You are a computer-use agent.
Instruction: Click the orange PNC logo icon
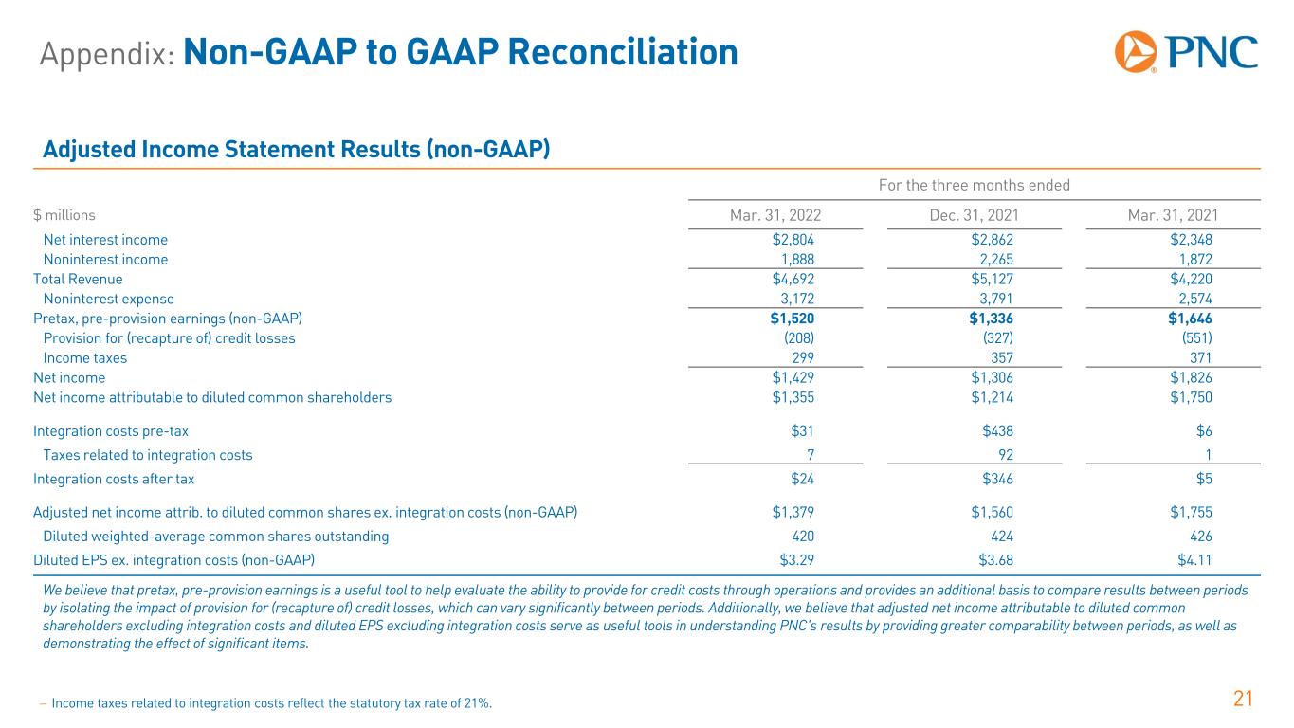tap(1135, 52)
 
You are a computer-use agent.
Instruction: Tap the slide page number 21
tap(1243, 700)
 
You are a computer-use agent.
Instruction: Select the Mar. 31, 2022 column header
tap(775, 215)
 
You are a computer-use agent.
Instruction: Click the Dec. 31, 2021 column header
tap(974, 215)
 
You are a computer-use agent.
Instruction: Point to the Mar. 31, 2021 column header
tap(1173, 215)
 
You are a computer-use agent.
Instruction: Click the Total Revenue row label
tap(78, 279)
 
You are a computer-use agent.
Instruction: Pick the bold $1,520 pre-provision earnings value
tap(792, 318)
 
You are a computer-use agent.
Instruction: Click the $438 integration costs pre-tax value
tap(997, 431)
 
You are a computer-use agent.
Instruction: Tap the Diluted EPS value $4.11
tap(1194, 560)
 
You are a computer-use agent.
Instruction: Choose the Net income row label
tap(69, 378)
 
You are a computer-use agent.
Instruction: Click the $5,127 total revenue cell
tap(992, 279)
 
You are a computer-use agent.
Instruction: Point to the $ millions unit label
tap(64, 215)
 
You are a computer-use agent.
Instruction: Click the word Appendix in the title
tap(107, 54)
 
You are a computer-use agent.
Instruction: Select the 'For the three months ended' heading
tap(975, 185)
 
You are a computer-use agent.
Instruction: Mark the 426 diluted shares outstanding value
tap(1201, 537)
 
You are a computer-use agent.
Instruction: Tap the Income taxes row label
tap(85, 358)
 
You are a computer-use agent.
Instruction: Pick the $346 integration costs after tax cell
tap(997, 479)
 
